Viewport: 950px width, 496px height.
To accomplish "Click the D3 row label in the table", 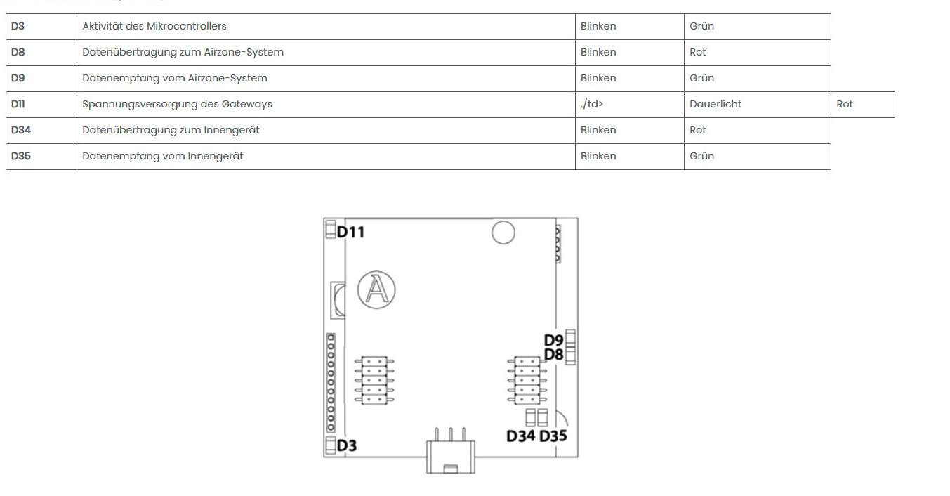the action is tap(18, 26).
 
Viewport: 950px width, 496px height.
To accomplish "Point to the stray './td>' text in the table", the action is tap(592, 105).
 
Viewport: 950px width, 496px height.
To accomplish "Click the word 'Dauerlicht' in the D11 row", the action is tap(715, 105).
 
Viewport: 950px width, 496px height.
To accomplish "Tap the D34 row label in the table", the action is tap(21, 130).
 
